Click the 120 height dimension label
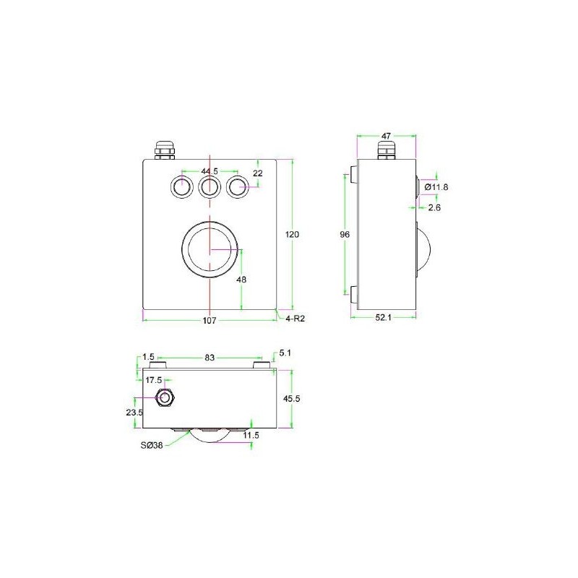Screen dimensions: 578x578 tap(293, 235)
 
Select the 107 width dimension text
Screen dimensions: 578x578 tap(210, 322)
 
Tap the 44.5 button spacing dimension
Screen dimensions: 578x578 tap(210, 171)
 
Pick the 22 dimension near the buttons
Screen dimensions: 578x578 tap(258, 173)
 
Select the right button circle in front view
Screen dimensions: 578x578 tap(236, 188)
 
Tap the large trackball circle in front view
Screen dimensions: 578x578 tap(210, 249)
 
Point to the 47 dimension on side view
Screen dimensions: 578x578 tap(387, 135)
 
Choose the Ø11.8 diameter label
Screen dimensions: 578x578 tap(437, 188)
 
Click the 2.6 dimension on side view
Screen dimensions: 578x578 tap(434, 208)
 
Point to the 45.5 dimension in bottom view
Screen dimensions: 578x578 tap(293, 399)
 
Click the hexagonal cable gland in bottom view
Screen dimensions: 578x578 tap(165, 397)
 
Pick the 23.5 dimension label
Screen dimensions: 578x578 tap(135, 413)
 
